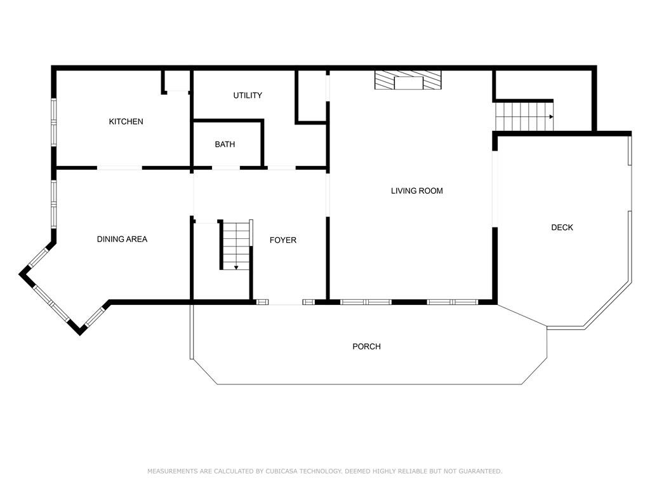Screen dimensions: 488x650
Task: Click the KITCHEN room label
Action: point(126,121)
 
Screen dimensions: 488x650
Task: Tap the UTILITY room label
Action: point(248,95)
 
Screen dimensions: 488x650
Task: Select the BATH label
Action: point(225,144)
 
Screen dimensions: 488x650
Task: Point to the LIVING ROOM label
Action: point(416,191)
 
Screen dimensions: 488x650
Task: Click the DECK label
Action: point(562,227)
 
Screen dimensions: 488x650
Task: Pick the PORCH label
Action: point(366,346)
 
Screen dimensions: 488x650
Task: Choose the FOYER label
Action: point(282,240)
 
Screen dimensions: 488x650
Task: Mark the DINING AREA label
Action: point(122,239)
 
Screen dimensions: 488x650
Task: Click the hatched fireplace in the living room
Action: point(408,80)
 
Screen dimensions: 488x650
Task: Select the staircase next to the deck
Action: point(524,116)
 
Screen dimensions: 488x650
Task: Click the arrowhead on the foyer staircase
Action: point(236,267)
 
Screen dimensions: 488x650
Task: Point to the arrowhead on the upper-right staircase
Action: point(551,117)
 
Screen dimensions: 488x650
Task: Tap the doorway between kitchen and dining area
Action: point(119,168)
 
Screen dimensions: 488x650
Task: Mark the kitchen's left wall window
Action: point(54,120)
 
